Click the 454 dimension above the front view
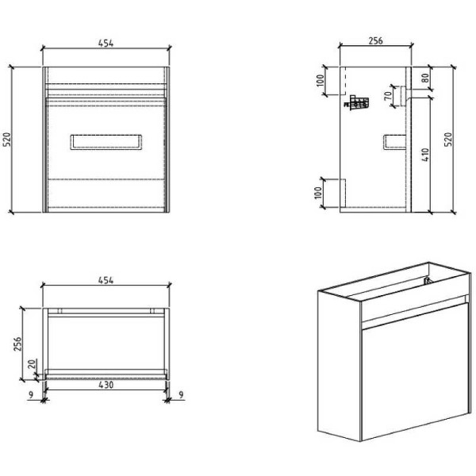click(106, 44)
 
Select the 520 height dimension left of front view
click(7, 140)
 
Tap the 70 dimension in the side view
click(388, 98)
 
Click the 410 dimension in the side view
click(427, 155)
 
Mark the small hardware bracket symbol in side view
click(358, 102)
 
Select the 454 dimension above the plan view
click(106, 280)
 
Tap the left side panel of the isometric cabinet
click(337, 365)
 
